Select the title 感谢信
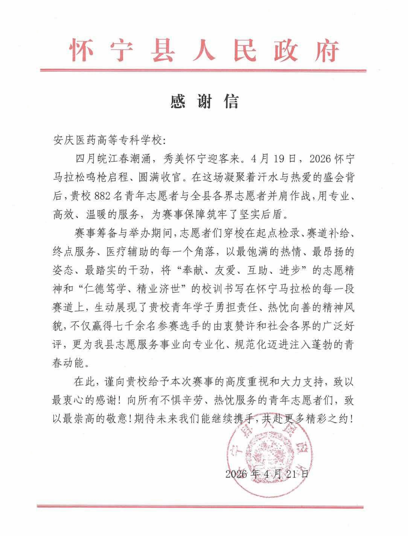pyautogui.click(x=204, y=102)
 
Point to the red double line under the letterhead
pyautogui.click(x=204, y=70)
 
